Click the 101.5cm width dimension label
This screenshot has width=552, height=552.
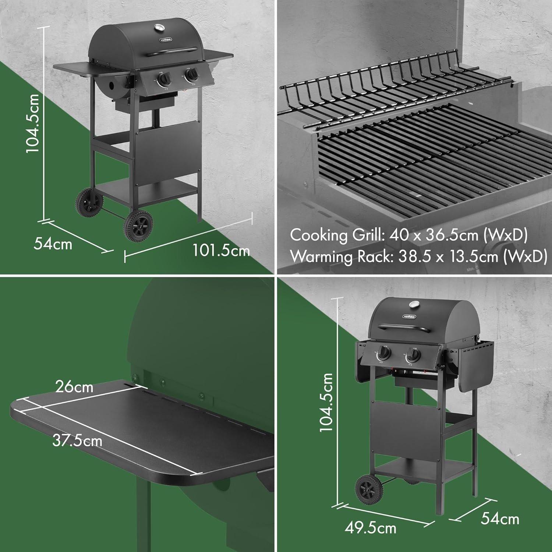point(221,251)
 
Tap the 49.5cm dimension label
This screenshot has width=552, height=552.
point(371,528)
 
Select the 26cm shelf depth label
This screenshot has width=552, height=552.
point(74,387)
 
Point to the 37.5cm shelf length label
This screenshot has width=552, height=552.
point(77,440)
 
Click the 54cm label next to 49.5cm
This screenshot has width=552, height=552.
point(500,519)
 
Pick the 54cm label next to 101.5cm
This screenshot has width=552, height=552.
point(53,244)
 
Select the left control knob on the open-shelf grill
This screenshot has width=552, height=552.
point(164,79)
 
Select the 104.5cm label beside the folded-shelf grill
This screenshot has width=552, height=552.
point(325,402)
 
